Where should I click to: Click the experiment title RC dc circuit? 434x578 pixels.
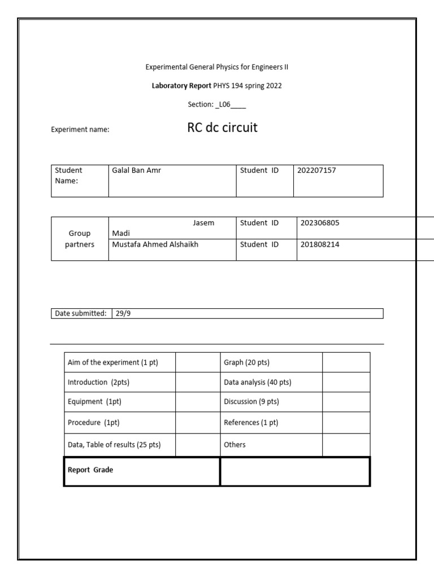coord(222,128)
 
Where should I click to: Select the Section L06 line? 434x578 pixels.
coord(216,104)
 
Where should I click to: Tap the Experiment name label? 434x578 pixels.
coord(80,129)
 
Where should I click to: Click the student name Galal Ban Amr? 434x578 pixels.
coord(137,170)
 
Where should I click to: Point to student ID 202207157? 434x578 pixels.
coord(316,170)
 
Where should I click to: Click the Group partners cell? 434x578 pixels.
coord(80,239)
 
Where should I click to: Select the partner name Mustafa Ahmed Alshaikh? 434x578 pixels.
coord(155,244)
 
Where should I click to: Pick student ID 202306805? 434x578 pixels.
coord(320,223)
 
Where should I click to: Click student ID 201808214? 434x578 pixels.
coord(320,244)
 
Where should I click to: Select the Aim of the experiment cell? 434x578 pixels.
coord(113,363)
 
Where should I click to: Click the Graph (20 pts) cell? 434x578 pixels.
coord(243,363)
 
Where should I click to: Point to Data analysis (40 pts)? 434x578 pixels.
coord(258,383)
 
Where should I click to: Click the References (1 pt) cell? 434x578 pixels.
coord(251,423)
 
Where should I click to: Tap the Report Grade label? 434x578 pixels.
coord(90,470)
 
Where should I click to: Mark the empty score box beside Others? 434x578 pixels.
coord(346,445)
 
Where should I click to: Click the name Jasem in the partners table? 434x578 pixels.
coord(203,223)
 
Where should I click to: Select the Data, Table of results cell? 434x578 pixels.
coord(114,445)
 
